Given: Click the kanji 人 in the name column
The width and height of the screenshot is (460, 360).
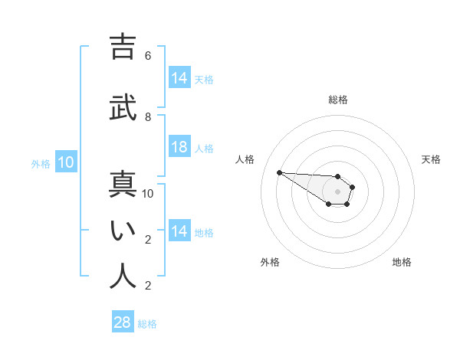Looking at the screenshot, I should [123, 275].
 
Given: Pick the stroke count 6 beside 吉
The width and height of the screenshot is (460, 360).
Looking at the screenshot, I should [148, 56].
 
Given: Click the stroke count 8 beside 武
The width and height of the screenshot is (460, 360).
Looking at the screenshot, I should [148, 117].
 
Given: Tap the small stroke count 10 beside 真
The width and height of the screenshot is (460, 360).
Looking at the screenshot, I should [148, 194].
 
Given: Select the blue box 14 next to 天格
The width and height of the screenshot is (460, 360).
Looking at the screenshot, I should [179, 78].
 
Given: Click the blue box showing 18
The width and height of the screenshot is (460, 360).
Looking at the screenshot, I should [179, 147].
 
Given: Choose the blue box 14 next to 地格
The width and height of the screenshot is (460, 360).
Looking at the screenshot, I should [179, 231].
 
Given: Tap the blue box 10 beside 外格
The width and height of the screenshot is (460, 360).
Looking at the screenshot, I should [66, 162].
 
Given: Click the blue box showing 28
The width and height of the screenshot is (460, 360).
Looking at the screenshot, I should [123, 322].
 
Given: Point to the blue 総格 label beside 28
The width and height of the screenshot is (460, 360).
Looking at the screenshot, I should [147, 324].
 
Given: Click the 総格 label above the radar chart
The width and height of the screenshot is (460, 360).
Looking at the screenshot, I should [338, 100].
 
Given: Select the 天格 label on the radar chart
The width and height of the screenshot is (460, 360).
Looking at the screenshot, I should [431, 159].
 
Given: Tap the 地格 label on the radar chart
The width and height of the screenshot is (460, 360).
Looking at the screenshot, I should [402, 262].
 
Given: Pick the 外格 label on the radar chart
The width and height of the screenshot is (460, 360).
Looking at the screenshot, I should [270, 262].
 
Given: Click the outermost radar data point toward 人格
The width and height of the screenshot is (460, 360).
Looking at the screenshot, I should [279, 172].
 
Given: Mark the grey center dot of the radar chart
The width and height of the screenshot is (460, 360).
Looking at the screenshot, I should [337, 191].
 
